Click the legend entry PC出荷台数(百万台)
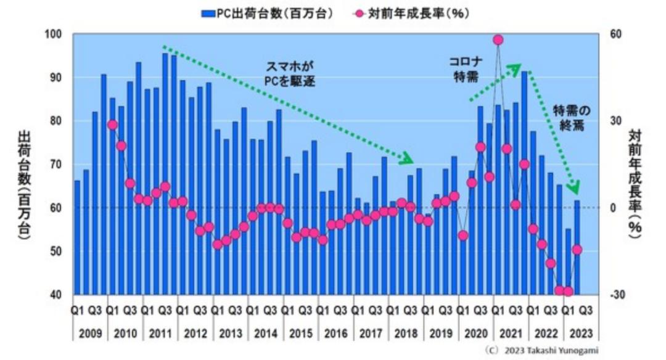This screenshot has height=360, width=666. click(x=271, y=13)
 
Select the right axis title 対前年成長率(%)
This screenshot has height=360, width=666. click(x=635, y=185)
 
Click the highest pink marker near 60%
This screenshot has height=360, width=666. click(x=498, y=40)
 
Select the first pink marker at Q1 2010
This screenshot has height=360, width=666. click(x=112, y=125)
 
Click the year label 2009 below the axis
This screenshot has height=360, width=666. click(x=90, y=333)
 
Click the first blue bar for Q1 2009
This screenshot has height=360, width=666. click(x=77, y=237)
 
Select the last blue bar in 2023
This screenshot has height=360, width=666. click(x=577, y=247)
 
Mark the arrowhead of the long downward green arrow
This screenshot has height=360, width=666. click(x=408, y=160)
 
